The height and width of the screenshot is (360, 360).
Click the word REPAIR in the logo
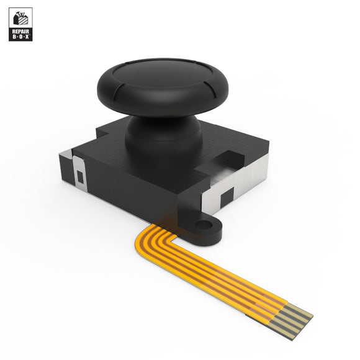[19, 30]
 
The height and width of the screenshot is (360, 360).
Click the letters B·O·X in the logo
[19, 37]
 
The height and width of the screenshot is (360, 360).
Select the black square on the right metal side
[227, 195]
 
